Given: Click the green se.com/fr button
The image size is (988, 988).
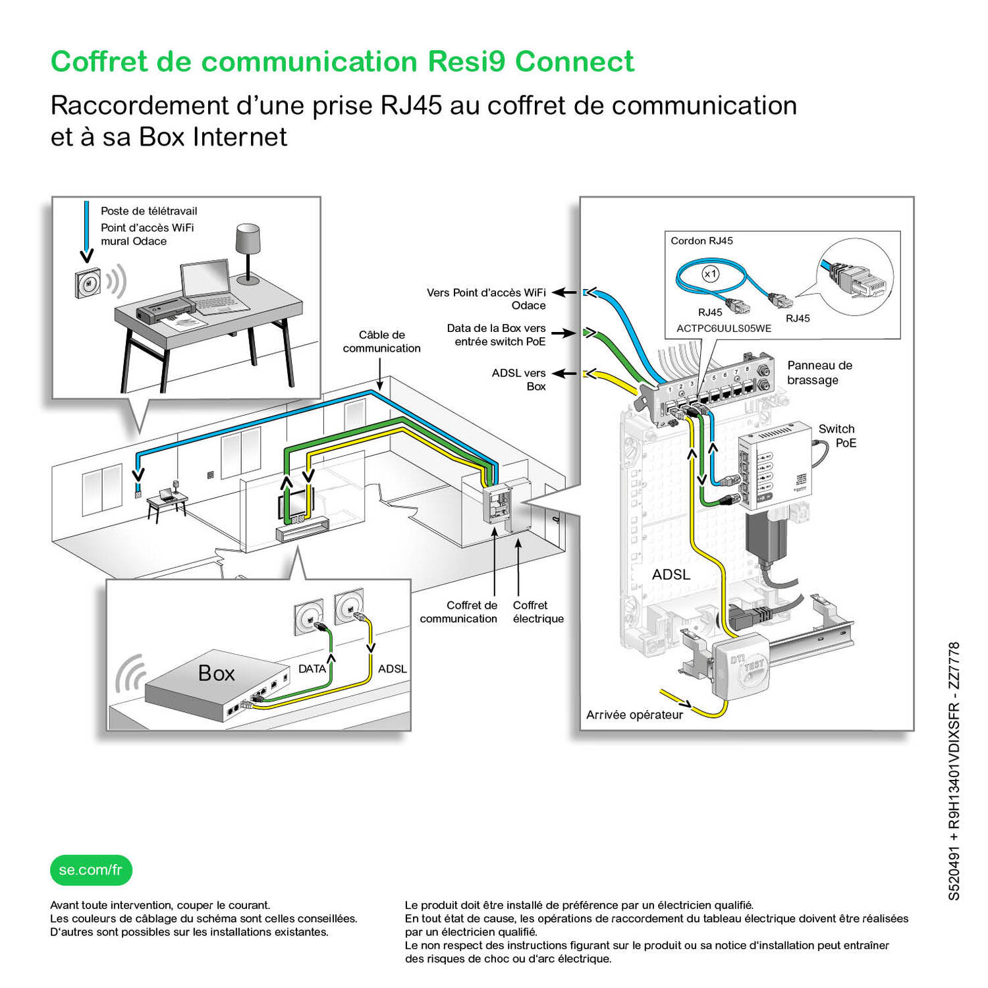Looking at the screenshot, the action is click(91, 870).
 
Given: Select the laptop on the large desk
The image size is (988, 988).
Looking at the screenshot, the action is click(212, 288).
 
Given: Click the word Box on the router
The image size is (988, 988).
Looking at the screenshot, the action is click(217, 673).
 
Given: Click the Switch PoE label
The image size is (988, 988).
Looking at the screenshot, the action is click(837, 435).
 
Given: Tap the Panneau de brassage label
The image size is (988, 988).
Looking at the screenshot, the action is click(819, 372).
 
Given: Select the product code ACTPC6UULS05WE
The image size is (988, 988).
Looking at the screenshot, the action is click(724, 328).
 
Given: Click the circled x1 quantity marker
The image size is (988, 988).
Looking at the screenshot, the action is click(710, 274).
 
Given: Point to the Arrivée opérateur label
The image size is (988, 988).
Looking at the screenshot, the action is click(634, 715).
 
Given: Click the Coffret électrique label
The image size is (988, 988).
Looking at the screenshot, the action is click(538, 612).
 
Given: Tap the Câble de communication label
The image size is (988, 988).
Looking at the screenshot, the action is click(381, 341).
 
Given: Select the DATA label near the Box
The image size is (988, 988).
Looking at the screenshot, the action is click(312, 669).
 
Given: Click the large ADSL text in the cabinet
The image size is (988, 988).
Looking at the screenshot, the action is click(671, 574).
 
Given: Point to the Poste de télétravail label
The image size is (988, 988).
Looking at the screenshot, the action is click(149, 211).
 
